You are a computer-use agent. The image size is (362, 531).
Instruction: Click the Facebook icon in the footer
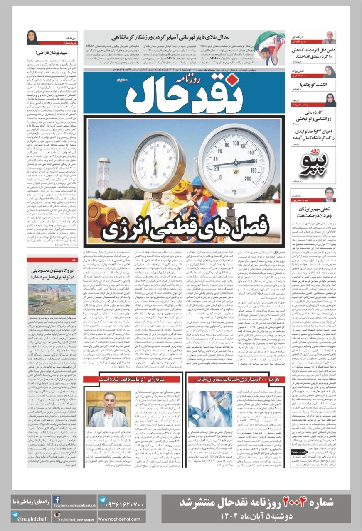57,499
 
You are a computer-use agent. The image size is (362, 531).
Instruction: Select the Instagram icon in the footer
57,515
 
